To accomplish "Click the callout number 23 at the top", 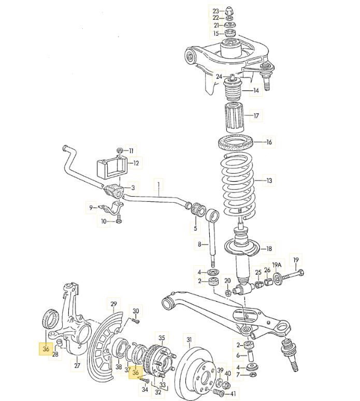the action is (216, 11).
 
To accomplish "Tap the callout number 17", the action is (256, 115).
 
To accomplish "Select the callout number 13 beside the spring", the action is (269, 181).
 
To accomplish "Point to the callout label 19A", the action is (277, 265).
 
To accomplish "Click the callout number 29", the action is (113, 304).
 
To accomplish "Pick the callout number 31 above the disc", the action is (189, 339).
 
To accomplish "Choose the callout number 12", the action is (136, 163).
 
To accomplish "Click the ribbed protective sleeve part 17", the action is (235, 116).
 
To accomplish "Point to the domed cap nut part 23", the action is (229, 11).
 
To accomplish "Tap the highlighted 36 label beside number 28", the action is (46, 349).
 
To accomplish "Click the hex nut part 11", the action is (119, 151).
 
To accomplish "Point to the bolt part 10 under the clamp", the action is (119, 219).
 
